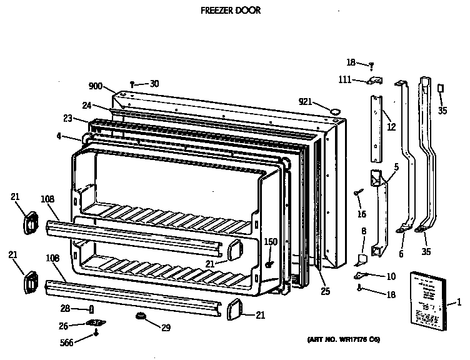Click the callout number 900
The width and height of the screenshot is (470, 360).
coord(96,87)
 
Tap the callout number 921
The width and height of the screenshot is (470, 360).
coord(304,102)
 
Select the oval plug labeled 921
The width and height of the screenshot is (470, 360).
coord(336,111)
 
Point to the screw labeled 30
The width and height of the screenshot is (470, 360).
coord(132,84)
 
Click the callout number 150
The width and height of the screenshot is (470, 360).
coord(270,242)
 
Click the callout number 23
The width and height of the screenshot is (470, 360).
coord(68,118)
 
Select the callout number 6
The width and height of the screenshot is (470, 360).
coord(401,254)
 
